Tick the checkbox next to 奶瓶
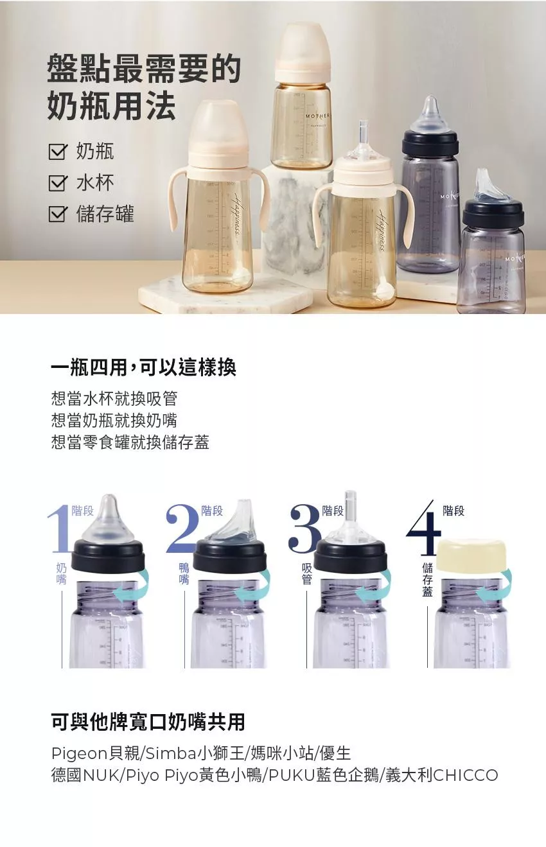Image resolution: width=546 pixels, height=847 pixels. click(58, 152)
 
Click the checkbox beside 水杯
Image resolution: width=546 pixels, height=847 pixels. click(58, 183)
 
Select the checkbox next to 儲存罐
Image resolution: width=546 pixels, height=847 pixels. click(58, 214)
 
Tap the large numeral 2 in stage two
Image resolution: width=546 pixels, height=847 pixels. click(183, 528)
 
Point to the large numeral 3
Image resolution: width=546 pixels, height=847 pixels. click(304, 528)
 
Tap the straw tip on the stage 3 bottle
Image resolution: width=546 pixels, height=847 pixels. click(351, 503)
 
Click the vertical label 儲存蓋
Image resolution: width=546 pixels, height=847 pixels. click(428, 579)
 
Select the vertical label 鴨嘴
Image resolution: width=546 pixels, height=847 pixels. click(184, 573)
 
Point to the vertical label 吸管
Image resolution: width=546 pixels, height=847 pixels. click(306, 573)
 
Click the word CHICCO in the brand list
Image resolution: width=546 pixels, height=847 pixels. click(466, 775)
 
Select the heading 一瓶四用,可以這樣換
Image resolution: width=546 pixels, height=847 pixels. click(144, 367)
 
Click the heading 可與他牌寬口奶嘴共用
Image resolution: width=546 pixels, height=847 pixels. click(148, 722)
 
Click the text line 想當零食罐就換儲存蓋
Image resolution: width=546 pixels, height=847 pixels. click(130, 442)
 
